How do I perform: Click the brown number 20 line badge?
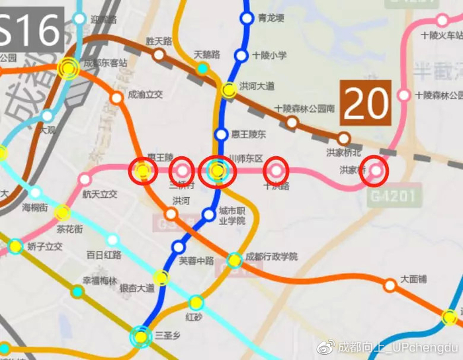coord(366,103)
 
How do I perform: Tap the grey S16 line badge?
coord(30,30)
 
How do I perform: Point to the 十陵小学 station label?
coord(269,56)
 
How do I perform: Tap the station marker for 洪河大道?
coord(229,90)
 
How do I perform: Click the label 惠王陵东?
coord(252,134)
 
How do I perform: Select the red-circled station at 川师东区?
coord(217,171)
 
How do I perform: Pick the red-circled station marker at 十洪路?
coord(276,171)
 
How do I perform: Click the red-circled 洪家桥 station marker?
coord(376,170)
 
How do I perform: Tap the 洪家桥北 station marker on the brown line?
coord(343,138)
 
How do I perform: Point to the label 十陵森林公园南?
coord(305,108)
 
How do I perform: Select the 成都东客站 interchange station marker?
coord(67,68)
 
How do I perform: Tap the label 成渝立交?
coord(145,95)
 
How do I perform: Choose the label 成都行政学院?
coord(271,257)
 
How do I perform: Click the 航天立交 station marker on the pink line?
coord(85,179)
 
